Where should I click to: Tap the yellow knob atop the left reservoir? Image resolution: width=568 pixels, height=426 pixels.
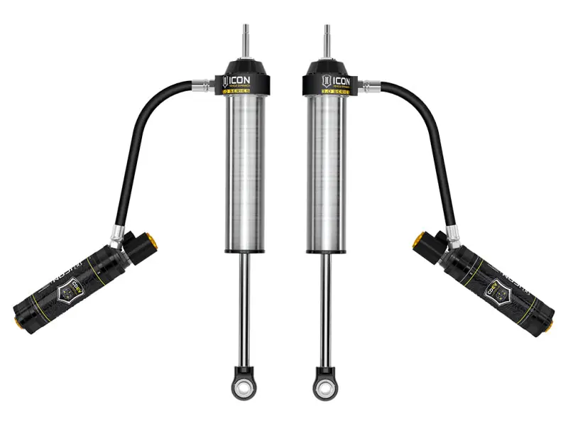coord(151,242)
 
